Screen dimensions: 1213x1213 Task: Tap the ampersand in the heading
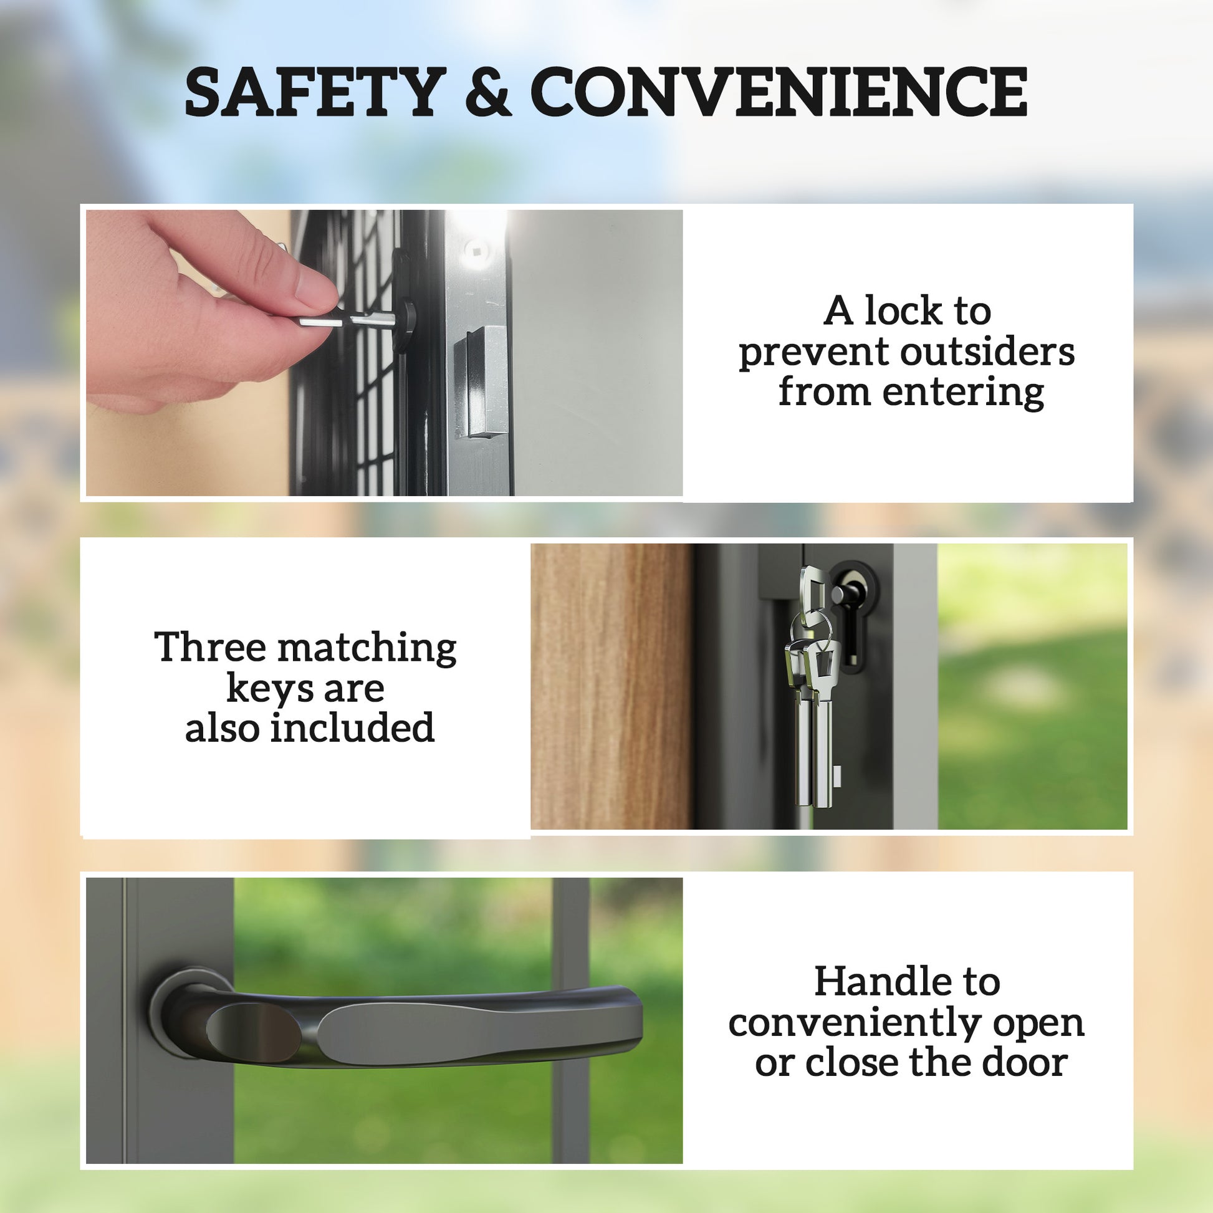coord(488,93)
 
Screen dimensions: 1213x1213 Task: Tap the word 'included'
coord(352,727)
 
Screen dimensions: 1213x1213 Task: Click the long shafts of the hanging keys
coord(813,754)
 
